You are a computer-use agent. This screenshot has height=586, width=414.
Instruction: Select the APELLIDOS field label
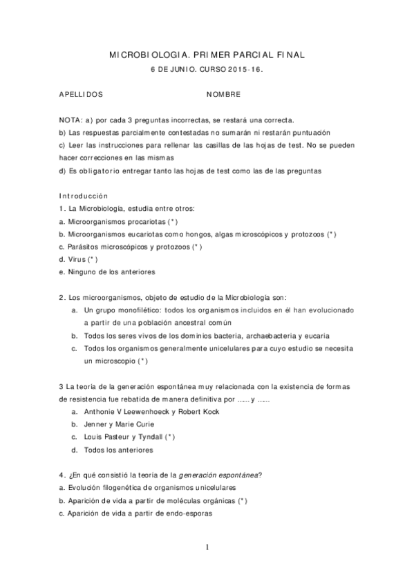point(81,92)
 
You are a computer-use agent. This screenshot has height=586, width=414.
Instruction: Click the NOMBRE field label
point(223,92)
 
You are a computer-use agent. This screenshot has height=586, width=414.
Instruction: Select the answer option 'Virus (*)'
point(82,259)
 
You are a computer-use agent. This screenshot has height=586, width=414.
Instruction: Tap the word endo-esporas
point(189,513)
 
